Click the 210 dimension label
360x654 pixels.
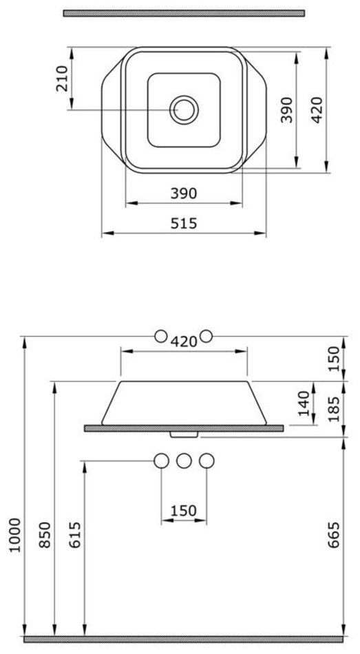62,78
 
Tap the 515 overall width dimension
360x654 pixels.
184,224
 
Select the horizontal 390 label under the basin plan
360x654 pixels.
184,193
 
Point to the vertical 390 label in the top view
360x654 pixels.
286,109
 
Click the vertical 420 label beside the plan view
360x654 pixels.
317,109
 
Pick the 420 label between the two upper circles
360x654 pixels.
184,341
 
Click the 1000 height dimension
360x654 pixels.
15,535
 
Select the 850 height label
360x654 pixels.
45,535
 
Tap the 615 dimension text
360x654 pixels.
75,535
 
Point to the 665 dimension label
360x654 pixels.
333,535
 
